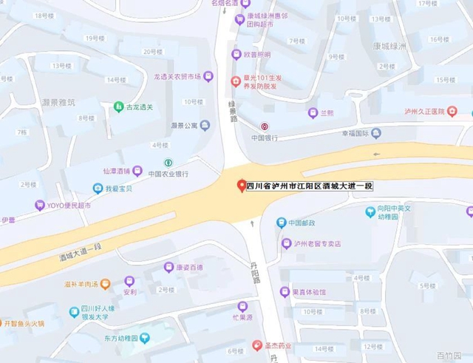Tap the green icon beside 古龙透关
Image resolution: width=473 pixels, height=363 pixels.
(118, 107)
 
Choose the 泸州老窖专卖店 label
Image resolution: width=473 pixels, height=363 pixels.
(316, 243)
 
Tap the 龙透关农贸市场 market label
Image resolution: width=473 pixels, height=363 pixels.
(177, 76)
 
